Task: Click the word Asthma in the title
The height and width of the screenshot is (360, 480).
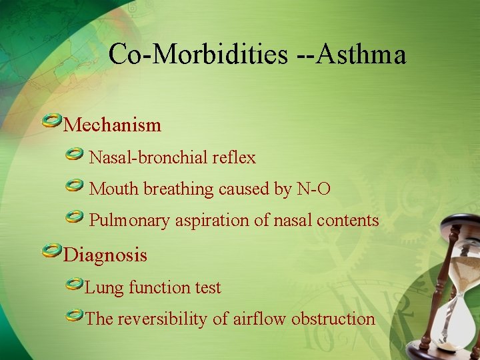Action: [361, 55]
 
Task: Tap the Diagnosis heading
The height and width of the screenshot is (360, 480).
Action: [105, 255]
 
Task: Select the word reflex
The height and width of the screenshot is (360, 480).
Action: [234, 158]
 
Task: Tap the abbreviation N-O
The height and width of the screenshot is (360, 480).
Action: [313, 189]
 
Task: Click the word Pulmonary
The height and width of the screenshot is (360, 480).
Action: [129, 221]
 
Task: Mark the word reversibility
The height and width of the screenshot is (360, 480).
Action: [163, 319]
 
